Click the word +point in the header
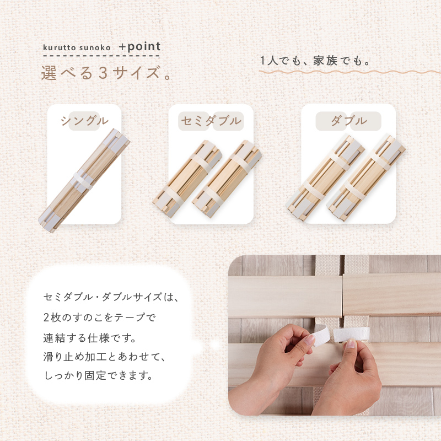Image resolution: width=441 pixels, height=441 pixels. pyautogui.click(x=140, y=46)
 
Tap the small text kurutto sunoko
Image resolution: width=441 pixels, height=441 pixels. pyautogui.click(x=77, y=47)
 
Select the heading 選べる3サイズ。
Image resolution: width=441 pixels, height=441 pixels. pyautogui.click(x=106, y=73)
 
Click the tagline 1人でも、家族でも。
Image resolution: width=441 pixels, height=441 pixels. pyautogui.click(x=315, y=61)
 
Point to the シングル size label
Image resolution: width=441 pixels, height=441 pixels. pyautogui.click(x=85, y=121)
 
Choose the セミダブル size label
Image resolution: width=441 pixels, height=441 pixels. pyautogui.click(x=211, y=121)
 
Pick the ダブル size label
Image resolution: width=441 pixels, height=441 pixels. pyautogui.click(x=349, y=121)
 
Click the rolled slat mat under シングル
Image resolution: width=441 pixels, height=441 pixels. pyautogui.click(x=84, y=181)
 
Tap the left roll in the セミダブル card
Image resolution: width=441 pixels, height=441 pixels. pyautogui.click(x=187, y=179)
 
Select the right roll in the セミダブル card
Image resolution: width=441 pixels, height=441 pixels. pyautogui.click(x=227, y=179)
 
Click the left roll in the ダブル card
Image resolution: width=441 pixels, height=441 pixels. pyautogui.click(x=325, y=178)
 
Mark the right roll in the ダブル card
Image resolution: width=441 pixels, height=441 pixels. pyautogui.click(x=366, y=178)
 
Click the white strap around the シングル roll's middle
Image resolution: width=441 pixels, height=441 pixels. pyautogui.click(x=83, y=181)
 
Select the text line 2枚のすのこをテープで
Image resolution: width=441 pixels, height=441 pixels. pyautogui.click(x=100, y=318)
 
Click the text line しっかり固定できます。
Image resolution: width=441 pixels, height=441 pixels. pyautogui.click(x=99, y=375)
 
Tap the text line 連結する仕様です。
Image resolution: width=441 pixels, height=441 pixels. pyautogui.click(x=90, y=338)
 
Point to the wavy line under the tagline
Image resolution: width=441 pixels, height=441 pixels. pyautogui.click(x=349, y=72)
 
